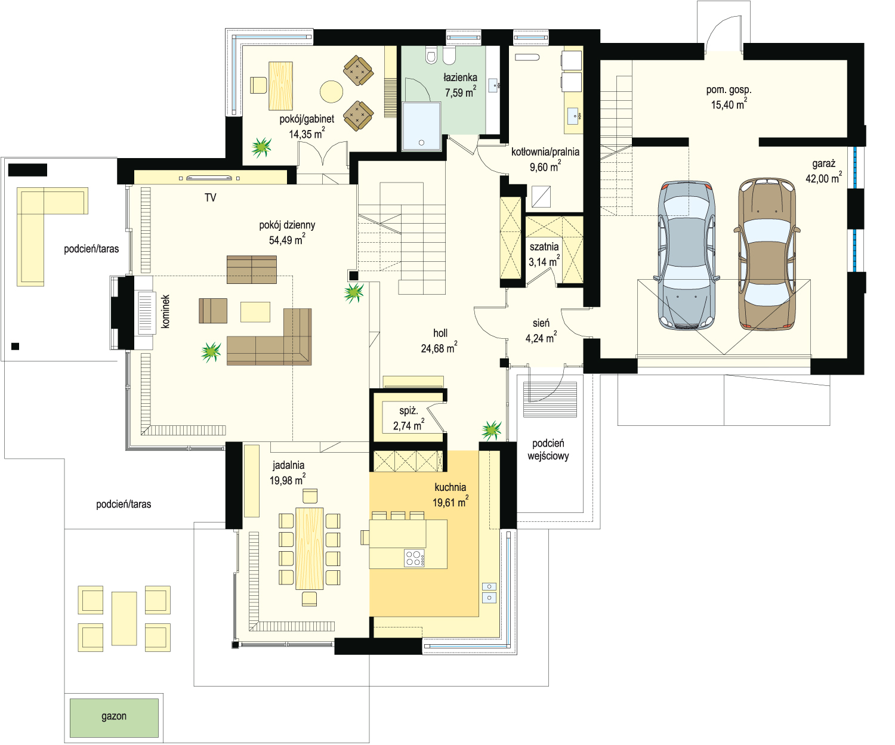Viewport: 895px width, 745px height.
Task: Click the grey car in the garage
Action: (x=687, y=255)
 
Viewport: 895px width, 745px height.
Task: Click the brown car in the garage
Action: (x=767, y=254)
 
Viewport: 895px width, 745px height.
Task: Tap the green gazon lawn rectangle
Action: (x=114, y=718)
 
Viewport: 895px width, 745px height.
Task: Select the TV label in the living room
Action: (x=210, y=197)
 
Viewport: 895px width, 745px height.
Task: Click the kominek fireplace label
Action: (x=165, y=311)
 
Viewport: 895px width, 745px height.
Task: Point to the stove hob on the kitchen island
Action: (x=415, y=558)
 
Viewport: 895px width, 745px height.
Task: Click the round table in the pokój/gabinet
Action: (x=331, y=92)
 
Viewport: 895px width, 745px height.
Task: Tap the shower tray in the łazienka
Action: (x=421, y=126)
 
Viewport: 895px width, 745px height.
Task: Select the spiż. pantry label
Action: (x=409, y=410)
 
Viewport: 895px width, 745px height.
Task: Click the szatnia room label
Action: (x=544, y=247)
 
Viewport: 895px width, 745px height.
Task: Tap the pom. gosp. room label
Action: (x=729, y=90)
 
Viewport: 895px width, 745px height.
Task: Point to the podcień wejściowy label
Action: (x=548, y=450)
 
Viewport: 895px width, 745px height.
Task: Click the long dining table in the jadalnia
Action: (x=310, y=549)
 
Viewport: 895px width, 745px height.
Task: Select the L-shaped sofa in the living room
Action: (x=269, y=337)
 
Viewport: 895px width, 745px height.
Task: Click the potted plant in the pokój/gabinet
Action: (x=261, y=147)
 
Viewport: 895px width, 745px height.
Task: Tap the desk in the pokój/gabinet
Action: (x=281, y=86)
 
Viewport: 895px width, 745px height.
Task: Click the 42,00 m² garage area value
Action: (x=823, y=178)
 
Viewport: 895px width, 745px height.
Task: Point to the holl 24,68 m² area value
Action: (x=439, y=348)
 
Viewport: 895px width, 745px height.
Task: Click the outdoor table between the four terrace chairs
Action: (x=124, y=619)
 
